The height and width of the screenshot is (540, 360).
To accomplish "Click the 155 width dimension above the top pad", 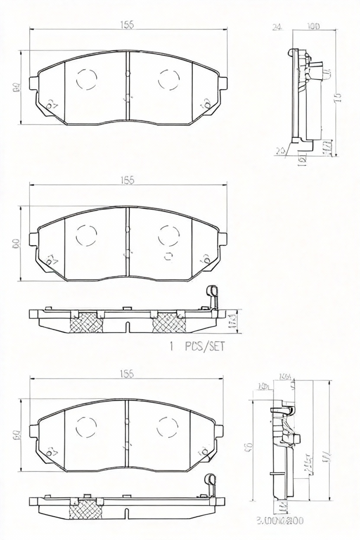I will point(127,25).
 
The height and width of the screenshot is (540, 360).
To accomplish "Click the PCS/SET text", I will point(205,346).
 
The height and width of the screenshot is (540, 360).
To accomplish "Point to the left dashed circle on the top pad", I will point(87,79).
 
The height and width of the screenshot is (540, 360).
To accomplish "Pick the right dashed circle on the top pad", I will point(169,79).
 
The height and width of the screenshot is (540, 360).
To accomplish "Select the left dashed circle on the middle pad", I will point(86,235).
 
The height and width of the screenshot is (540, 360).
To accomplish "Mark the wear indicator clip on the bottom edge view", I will point(210,484).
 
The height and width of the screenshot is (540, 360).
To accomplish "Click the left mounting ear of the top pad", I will point(33,83).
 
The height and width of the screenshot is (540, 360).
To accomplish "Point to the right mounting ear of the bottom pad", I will point(220,431).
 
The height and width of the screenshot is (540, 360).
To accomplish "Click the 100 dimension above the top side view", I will point(313,26).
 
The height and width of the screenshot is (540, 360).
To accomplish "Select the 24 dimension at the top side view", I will point(277,27).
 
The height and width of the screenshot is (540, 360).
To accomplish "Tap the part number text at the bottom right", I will point(280,521).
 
